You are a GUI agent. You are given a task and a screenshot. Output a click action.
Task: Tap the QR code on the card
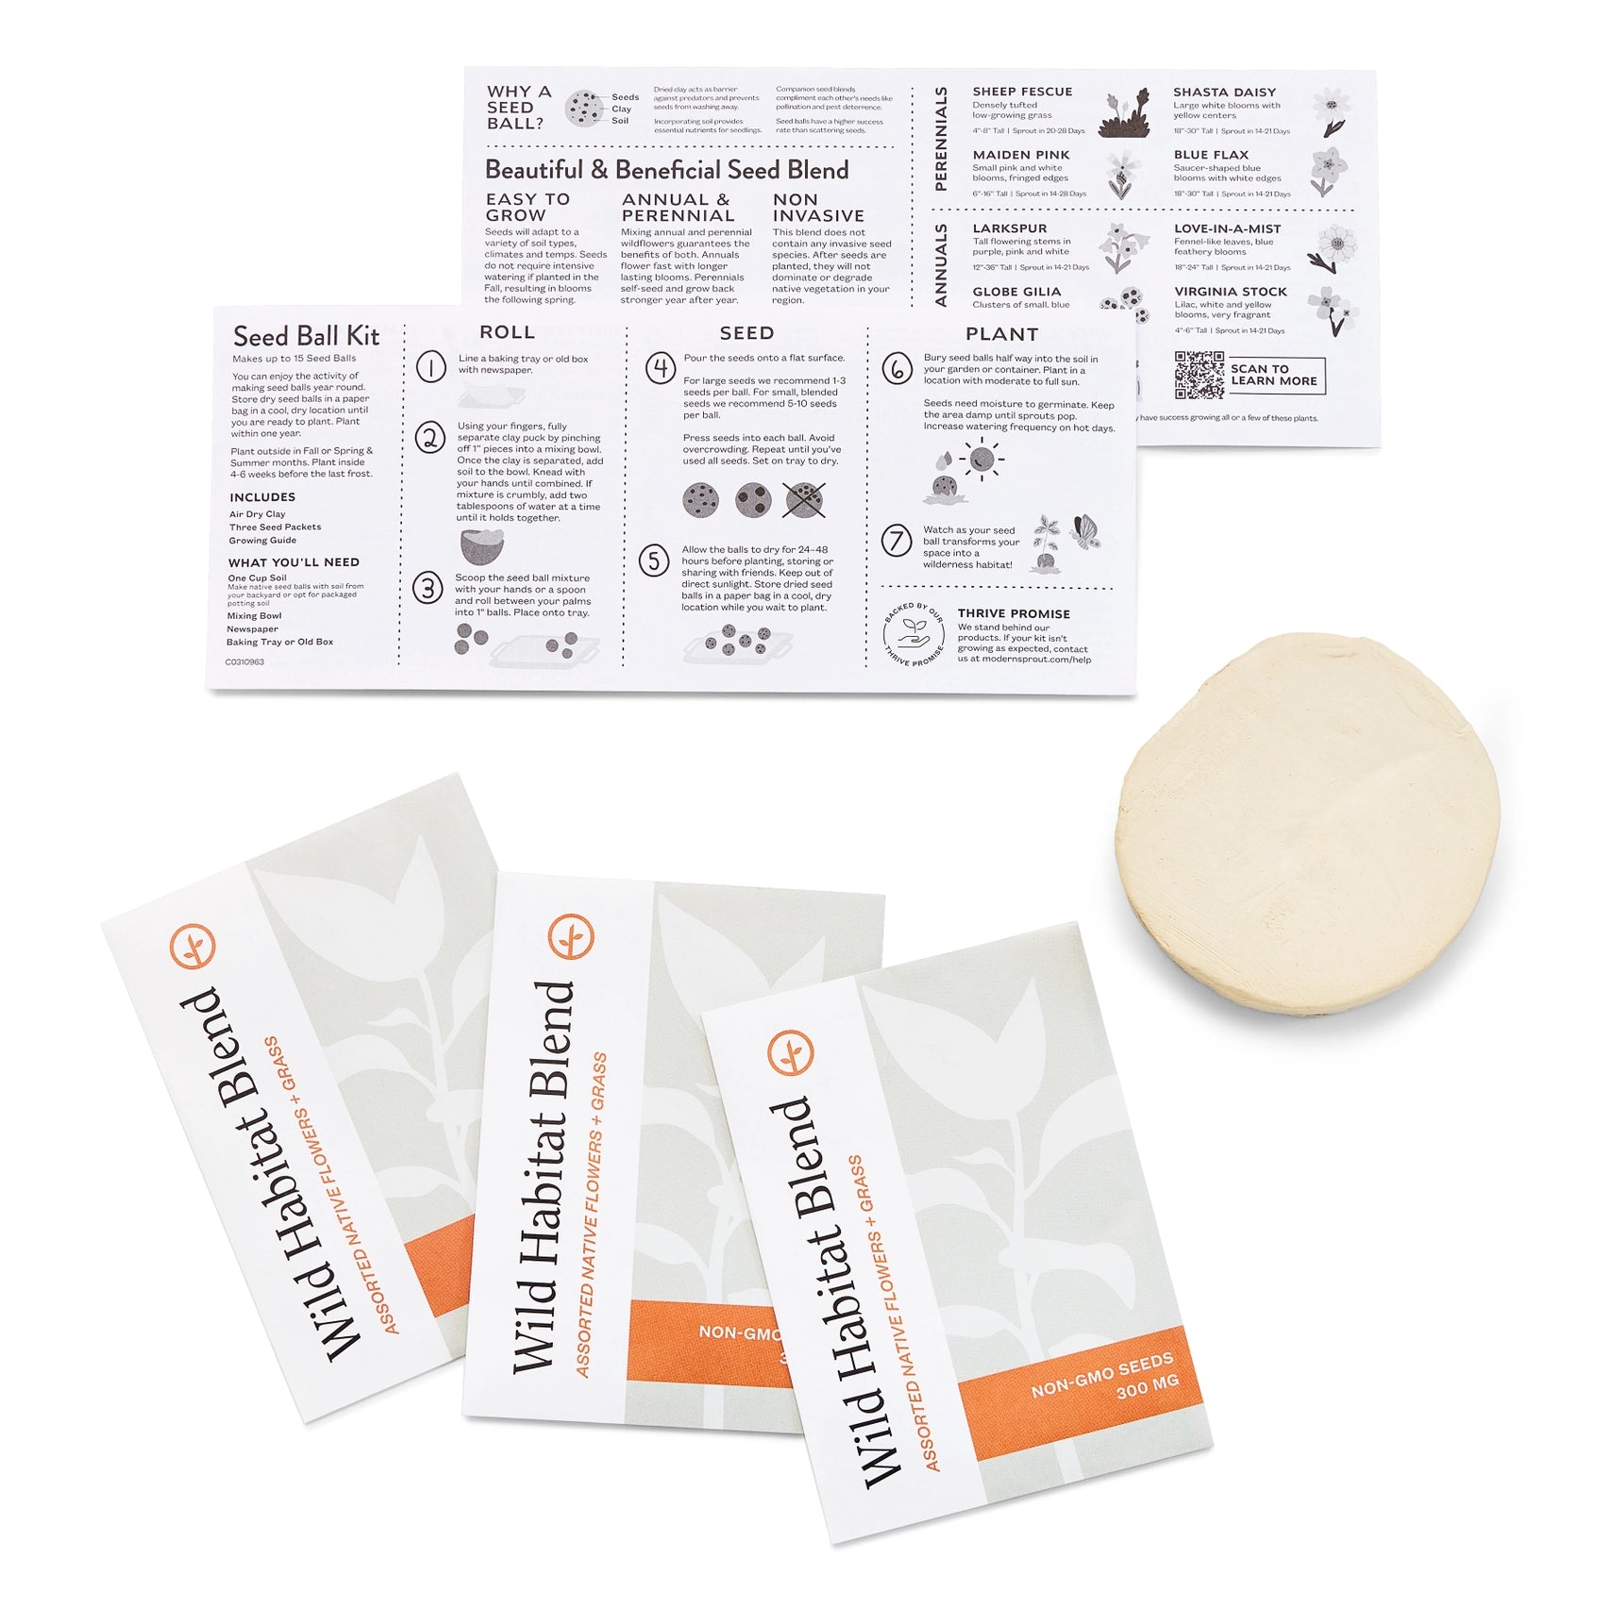pos(1199,375)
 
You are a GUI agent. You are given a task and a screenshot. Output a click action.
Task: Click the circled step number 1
pos(431,366)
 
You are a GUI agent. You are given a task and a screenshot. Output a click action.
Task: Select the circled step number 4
pos(661,367)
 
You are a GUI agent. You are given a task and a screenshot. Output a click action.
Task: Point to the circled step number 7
pos(897,541)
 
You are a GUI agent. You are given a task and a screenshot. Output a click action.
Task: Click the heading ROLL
pos(507,332)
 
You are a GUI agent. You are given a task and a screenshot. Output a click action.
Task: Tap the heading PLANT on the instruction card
pos(1001,334)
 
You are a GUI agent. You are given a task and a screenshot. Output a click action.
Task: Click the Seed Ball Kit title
pos(306,336)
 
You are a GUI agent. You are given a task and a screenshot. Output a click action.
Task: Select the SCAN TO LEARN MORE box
pos(1276,375)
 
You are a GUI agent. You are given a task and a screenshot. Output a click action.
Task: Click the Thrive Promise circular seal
pos(913,632)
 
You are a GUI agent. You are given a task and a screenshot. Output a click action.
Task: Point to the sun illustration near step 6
pos(981,460)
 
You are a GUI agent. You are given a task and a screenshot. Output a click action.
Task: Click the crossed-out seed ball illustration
pos(804,499)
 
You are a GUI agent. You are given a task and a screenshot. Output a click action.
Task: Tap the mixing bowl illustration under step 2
pos(482,546)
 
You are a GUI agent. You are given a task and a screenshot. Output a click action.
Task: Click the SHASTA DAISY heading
pos(1224,92)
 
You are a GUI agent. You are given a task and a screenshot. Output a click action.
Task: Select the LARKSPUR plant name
pos(1009,228)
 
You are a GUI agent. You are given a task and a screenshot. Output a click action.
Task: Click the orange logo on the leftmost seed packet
pos(193,946)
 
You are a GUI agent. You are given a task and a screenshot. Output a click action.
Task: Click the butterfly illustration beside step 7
pos(1085,531)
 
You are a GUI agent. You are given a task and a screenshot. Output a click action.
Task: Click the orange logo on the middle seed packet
pos(571,936)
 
